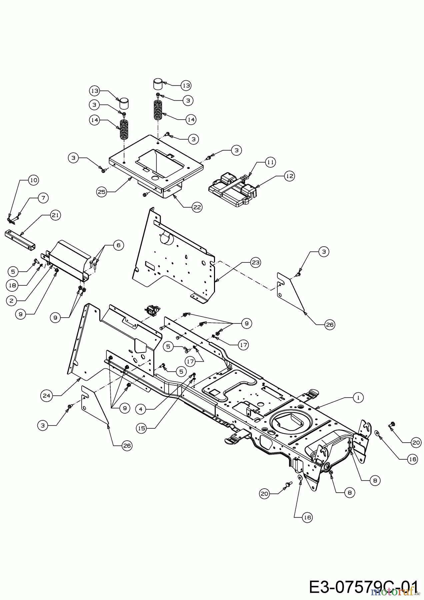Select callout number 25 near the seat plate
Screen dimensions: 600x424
(102, 192)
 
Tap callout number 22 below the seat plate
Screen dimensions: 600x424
(197, 207)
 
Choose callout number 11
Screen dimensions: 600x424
(270, 162)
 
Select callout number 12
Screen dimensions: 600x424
(289, 176)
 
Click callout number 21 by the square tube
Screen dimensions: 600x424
(55, 215)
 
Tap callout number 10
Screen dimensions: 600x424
(33, 180)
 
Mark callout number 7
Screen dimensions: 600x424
(43, 198)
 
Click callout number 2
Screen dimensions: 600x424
(11, 300)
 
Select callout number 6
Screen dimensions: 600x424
(118, 246)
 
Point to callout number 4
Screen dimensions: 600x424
(141, 409)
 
